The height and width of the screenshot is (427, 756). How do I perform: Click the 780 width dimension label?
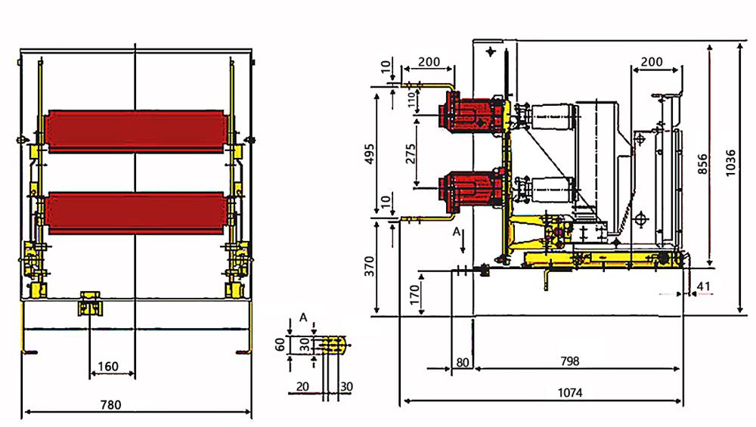[x=110, y=405]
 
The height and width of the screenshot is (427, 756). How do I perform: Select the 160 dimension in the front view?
[x=108, y=367]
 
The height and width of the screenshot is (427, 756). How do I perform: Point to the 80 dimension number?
[x=463, y=362]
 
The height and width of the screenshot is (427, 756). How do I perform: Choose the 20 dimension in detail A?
[x=302, y=386]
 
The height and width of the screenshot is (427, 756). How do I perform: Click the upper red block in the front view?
[x=136, y=132]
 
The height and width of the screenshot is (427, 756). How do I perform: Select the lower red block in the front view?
[x=136, y=215]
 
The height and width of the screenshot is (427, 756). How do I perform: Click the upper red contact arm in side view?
[x=472, y=115]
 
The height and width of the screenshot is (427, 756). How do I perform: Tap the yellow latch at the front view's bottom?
[x=90, y=305]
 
